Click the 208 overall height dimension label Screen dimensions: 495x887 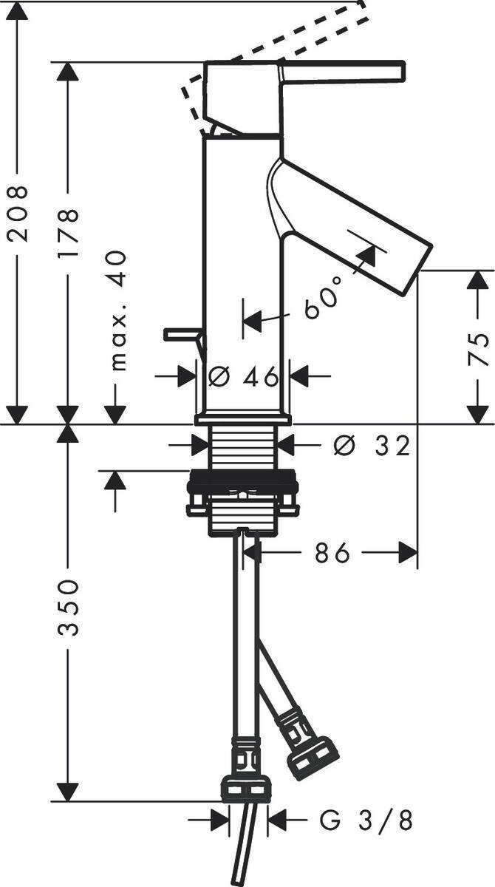coord(18,213)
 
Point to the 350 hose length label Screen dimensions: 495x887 coord(68,608)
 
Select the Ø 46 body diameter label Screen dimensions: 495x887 coord(243,376)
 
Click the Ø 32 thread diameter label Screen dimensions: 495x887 coord(371,446)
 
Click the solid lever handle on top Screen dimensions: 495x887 coord(344,72)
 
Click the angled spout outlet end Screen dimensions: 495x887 coord(417,269)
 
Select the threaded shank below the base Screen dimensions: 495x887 coord(243,447)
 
